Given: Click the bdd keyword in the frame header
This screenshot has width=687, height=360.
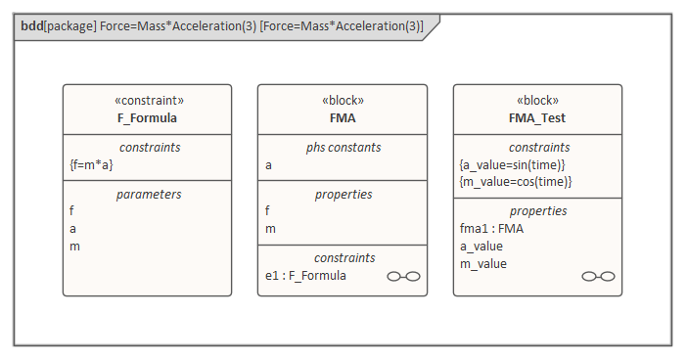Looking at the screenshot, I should coord(31,26).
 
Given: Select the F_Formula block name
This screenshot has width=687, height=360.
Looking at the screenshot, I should coord(147,118).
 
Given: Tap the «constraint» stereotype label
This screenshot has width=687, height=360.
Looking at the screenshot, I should coord(147,101).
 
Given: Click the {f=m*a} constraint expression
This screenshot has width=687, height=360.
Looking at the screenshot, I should coord(91,165).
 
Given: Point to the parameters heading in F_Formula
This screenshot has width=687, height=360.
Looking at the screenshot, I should coord(147,194).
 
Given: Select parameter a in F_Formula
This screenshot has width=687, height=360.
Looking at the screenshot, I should coord(73,228).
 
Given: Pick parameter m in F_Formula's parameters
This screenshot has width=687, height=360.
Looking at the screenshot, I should coord(74,246).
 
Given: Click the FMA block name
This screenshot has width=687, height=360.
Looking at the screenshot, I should coord(342,118).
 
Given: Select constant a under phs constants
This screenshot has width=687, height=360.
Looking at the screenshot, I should coord(269,165).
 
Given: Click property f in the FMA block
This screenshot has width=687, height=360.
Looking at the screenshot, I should coord(268,210).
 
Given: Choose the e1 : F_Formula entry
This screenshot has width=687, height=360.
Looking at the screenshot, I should coord(305,276).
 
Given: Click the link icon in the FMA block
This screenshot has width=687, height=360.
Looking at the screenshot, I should coord(403,277).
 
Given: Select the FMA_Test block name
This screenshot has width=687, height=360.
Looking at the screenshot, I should coord(537,118).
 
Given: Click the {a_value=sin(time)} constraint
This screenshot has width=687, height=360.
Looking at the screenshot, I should coord(513,164).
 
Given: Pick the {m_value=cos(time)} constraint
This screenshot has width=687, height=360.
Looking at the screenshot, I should coord(515,181).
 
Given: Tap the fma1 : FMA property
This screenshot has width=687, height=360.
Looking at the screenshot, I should coord(491,228).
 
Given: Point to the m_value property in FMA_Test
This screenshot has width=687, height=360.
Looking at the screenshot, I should coord(484,263).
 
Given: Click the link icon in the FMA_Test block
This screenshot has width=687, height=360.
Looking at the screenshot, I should coord(598,277).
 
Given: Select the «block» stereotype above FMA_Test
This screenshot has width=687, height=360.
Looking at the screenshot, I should coord(537,101).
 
